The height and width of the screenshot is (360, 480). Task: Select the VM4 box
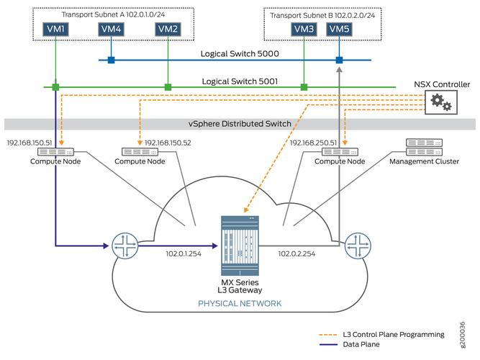click(111, 29)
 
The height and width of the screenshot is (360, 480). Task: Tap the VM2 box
click(167, 29)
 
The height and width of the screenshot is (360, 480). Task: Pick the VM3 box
click(304, 29)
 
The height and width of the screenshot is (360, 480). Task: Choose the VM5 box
click(338, 29)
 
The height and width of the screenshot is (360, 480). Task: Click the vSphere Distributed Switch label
click(240, 124)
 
